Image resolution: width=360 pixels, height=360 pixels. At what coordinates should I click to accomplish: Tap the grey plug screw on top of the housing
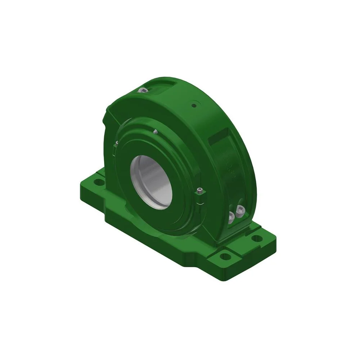144,90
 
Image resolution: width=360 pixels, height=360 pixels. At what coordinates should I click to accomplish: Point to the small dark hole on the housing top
194,105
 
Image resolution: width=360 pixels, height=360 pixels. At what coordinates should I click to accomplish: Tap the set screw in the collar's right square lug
201,190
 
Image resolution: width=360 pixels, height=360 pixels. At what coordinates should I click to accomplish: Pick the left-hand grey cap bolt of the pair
231,216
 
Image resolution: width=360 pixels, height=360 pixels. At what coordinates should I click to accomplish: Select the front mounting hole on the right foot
225,256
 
